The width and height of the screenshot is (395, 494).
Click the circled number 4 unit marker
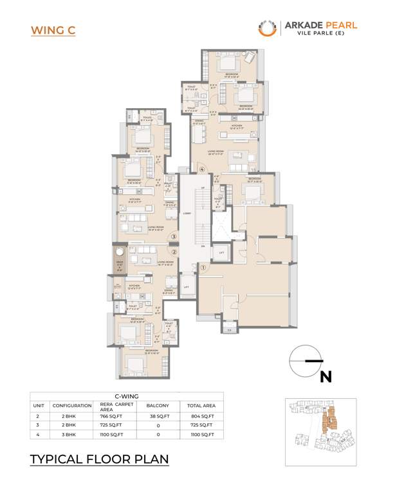pos(202,170)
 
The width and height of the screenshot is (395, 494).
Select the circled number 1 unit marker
pos(203,268)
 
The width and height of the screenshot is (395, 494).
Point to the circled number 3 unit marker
pos(173,237)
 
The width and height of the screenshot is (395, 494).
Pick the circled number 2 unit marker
pos(173,252)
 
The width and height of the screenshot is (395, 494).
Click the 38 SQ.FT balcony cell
pos(158,416)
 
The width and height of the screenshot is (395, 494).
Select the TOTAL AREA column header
pos(202,405)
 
